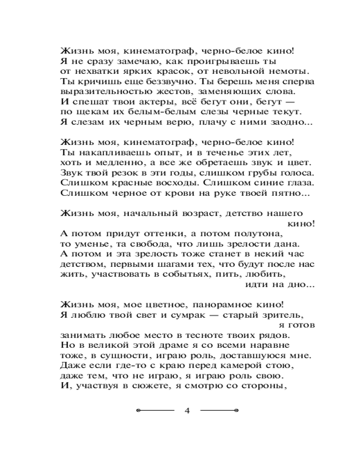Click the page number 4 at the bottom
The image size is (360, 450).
click(x=188, y=410)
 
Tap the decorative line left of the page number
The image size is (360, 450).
click(x=156, y=410)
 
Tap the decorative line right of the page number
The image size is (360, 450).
click(x=219, y=410)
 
